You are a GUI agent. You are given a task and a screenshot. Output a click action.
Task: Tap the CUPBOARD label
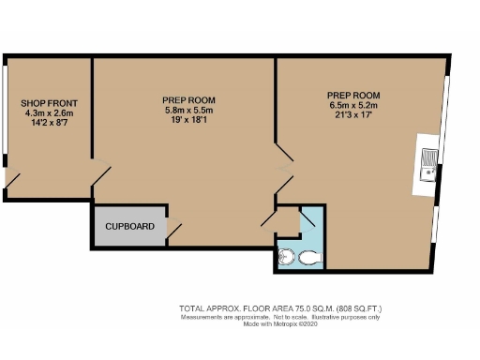click(x=129, y=227)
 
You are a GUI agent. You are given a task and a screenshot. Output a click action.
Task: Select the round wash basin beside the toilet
click(x=287, y=257)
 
